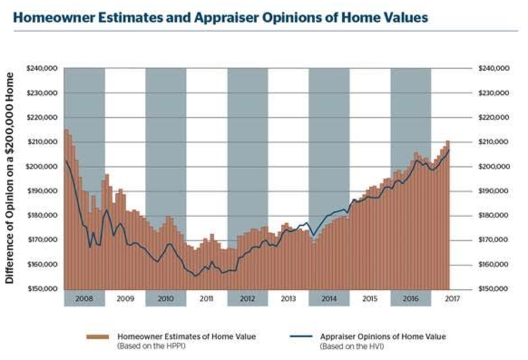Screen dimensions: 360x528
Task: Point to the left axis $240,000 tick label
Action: [x=44, y=68]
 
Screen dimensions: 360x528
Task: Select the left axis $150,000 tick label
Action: [x=44, y=289]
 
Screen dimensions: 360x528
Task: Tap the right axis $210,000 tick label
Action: [x=494, y=142]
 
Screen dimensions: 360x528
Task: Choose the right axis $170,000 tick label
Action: [x=494, y=240]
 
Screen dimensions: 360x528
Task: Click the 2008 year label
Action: [x=84, y=299]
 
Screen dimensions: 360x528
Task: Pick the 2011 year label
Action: [x=206, y=299]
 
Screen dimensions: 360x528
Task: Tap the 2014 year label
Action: [x=329, y=299]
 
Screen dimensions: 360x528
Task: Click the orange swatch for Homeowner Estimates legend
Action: [x=98, y=337]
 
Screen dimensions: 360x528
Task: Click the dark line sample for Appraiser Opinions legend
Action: [x=300, y=337]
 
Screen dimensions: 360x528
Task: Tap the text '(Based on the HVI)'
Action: [x=345, y=346]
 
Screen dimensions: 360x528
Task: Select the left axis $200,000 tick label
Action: [x=44, y=166]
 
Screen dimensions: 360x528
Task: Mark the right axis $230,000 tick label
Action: [x=494, y=93]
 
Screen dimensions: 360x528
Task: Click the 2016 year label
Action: [x=411, y=299]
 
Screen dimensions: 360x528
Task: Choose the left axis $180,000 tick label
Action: [x=44, y=215]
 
